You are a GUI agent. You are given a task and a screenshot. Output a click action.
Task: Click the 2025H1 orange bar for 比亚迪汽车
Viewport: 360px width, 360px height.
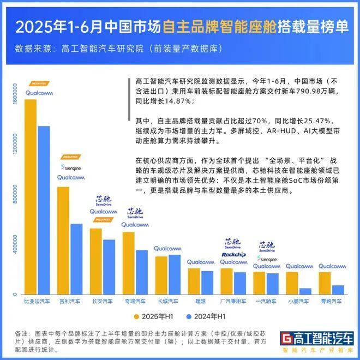(31, 196)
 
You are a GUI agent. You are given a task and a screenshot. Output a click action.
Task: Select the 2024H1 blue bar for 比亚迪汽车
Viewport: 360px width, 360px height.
(44, 210)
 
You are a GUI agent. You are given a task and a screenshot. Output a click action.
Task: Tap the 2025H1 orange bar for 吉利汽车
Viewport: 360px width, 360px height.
(63, 240)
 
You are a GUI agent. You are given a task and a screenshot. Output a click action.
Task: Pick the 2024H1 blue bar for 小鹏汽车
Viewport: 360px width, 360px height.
(305, 291)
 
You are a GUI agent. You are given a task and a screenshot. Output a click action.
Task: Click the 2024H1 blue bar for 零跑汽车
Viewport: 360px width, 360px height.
(338, 290)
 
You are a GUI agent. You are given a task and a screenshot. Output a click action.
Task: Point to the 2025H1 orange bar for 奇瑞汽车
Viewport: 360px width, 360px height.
(129, 263)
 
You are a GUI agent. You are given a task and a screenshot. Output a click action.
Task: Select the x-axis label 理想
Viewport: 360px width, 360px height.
(200, 301)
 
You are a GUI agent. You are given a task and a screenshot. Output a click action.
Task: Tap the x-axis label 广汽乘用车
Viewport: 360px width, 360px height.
(233, 301)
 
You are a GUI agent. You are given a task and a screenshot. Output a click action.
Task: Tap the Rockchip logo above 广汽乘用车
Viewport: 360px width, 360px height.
(233, 254)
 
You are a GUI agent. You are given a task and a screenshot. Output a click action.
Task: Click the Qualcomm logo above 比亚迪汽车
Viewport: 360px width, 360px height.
(37, 92)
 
